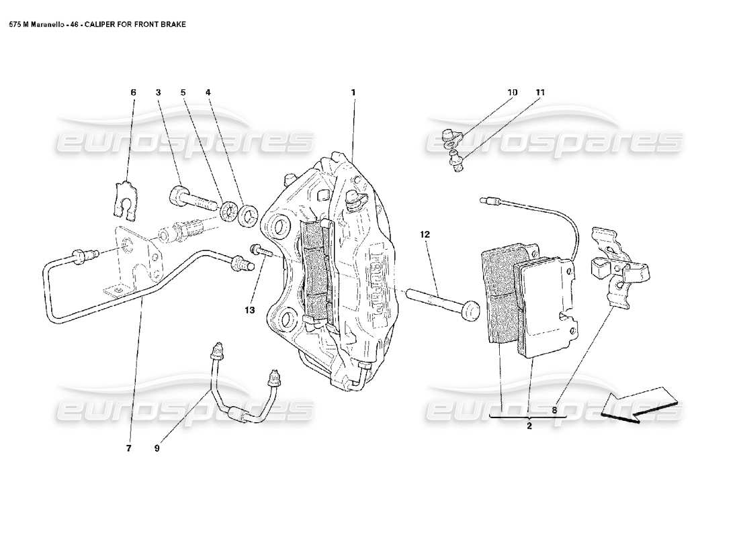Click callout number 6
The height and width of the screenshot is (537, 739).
coord(133,92)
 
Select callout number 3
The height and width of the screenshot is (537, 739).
coord(158,92)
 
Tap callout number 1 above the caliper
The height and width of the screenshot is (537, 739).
coord(353,92)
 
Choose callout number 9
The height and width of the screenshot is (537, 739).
coord(157,449)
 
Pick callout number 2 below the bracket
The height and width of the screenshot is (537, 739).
coord(529,426)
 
